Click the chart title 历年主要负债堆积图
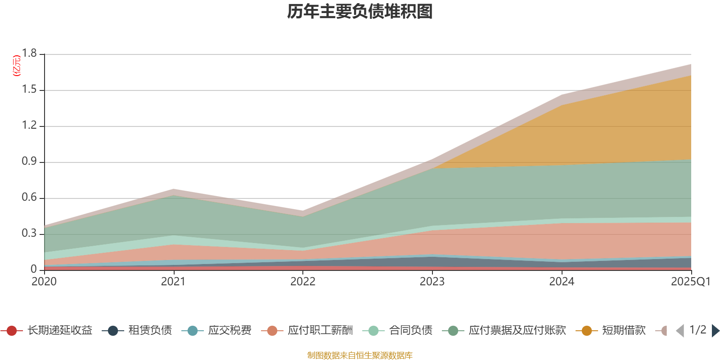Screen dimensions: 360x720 coord(360,12)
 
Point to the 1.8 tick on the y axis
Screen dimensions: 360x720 coord(29,54)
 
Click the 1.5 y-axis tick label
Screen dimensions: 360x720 coord(29,90)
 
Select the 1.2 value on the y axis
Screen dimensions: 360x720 coord(29,126)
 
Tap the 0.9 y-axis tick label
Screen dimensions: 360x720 coord(29,162)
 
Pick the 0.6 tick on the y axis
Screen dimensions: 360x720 coord(29,198)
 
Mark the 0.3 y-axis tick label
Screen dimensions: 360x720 coord(29,234)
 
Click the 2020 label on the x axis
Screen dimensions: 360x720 coord(44,282)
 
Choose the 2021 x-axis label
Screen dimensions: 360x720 coord(173,282)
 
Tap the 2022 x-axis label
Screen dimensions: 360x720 coord(302,282)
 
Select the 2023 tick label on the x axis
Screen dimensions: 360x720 coord(432,282)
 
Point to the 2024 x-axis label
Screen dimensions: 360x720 coord(561,282)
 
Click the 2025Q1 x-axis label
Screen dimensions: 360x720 coord(690,282)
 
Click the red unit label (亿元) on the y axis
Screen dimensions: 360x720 coord(17,66)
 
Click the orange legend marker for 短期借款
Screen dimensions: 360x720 coord(587,331)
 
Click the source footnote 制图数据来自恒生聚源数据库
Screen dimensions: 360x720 coord(360,355)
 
